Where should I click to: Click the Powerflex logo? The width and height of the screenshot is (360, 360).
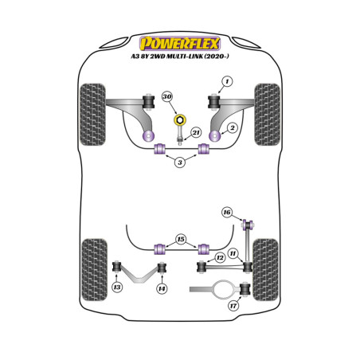tap(180, 43)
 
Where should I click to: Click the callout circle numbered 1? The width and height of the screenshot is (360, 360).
tap(227, 81)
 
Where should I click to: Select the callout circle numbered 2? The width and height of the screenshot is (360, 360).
tap(233, 128)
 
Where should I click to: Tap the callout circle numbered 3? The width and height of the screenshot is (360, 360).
tap(180, 162)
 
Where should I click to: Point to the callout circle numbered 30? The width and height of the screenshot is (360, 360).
tap(167, 96)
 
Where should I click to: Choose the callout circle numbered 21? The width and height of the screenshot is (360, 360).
tap(196, 132)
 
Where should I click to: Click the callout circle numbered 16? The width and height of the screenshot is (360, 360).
tap(227, 212)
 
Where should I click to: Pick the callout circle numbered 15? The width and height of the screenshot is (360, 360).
tap(181, 239)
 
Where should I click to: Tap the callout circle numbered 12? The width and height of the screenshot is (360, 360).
tap(220, 257)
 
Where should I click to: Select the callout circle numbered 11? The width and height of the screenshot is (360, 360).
tap(233, 253)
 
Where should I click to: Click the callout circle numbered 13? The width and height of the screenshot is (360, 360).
tap(117, 287)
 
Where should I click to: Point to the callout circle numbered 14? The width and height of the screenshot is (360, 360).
tap(162, 288)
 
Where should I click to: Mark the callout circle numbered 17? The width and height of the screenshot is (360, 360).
tap(233, 306)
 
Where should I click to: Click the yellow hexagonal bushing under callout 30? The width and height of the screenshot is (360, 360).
tap(180, 120)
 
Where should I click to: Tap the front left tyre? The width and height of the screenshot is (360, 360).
tap(92, 115)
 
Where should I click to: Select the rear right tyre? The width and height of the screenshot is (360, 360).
tap(266, 270)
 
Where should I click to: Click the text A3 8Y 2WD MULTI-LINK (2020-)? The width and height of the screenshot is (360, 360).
tap(180, 57)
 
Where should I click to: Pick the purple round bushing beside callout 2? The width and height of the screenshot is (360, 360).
tap(215, 136)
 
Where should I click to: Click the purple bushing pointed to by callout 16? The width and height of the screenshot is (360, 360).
tap(248, 225)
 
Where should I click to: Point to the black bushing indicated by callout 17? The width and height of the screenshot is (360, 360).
tap(245, 289)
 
